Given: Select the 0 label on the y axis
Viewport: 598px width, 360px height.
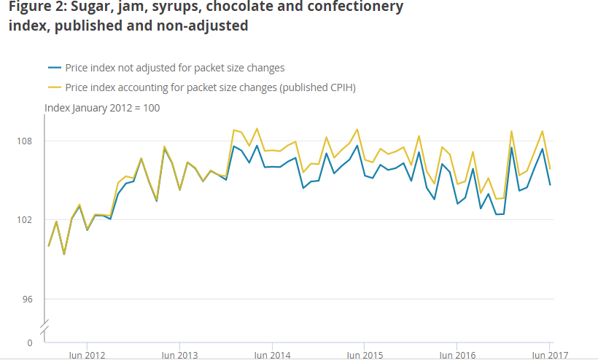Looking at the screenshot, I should pos(30,343).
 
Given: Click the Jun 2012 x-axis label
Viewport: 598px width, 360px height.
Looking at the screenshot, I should pos(87,356).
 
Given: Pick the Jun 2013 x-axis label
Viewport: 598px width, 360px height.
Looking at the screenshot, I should pos(179,356).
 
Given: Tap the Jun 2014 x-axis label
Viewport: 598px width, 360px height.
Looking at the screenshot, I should pos(272,356).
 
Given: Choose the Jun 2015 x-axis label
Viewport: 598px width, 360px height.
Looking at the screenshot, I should pos(365,356).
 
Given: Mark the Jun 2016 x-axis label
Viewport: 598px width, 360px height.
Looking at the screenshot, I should pos(457,356).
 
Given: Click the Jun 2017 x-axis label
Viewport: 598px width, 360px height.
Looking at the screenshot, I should pos(548,356).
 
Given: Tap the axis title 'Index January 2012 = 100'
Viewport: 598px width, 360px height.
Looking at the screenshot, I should pos(102,108).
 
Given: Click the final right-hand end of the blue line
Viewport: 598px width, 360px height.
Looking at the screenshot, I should pos(550,185).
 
